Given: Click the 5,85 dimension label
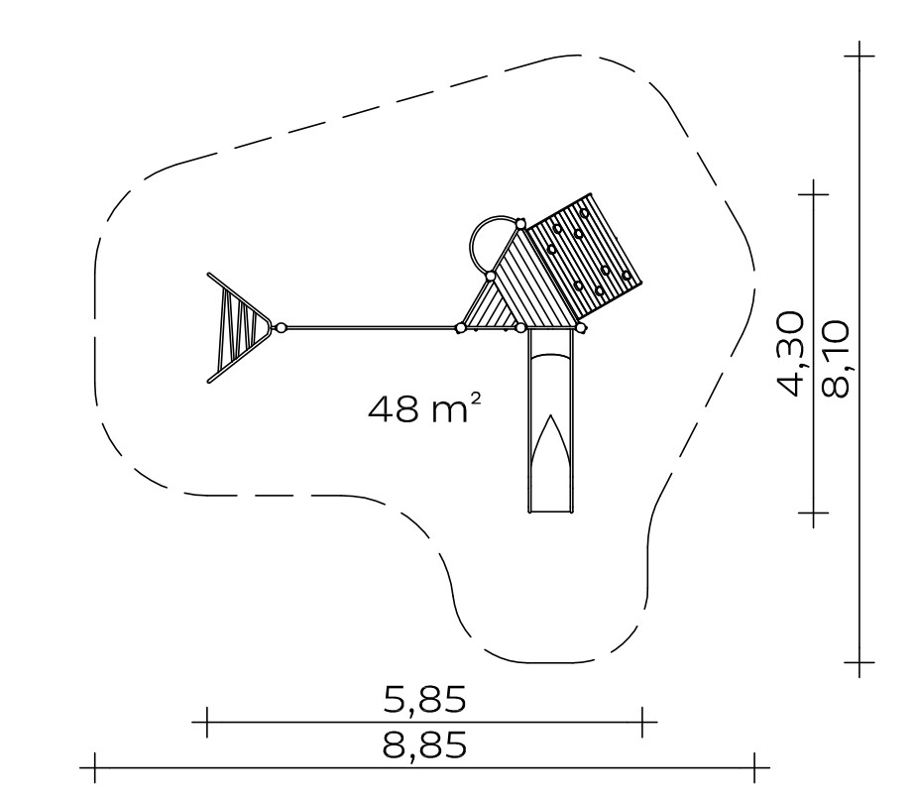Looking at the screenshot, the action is pyautogui.click(x=425, y=699).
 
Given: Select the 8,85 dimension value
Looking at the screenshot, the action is pyautogui.click(x=425, y=745).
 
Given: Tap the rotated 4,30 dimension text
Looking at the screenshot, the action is pyautogui.click(x=791, y=354).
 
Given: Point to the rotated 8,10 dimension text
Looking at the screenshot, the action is pyautogui.click(x=835, y=359).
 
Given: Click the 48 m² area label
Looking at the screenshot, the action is pyautogui.click(x=425, y=407).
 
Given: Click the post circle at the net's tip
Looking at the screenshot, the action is pyautogui.click(x=281, y=328).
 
